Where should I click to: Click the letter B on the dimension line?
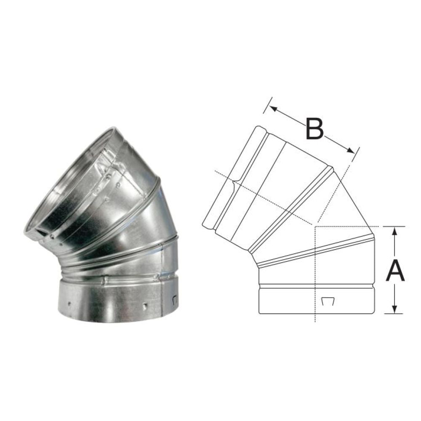(x=314, y=129)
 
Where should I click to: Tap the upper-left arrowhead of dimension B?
(x=273, y=109)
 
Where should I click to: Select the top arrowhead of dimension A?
(x=394, y=230)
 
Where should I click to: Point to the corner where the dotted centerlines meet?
(x=315, y=226)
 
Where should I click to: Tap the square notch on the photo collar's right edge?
(x=175, y=300)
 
